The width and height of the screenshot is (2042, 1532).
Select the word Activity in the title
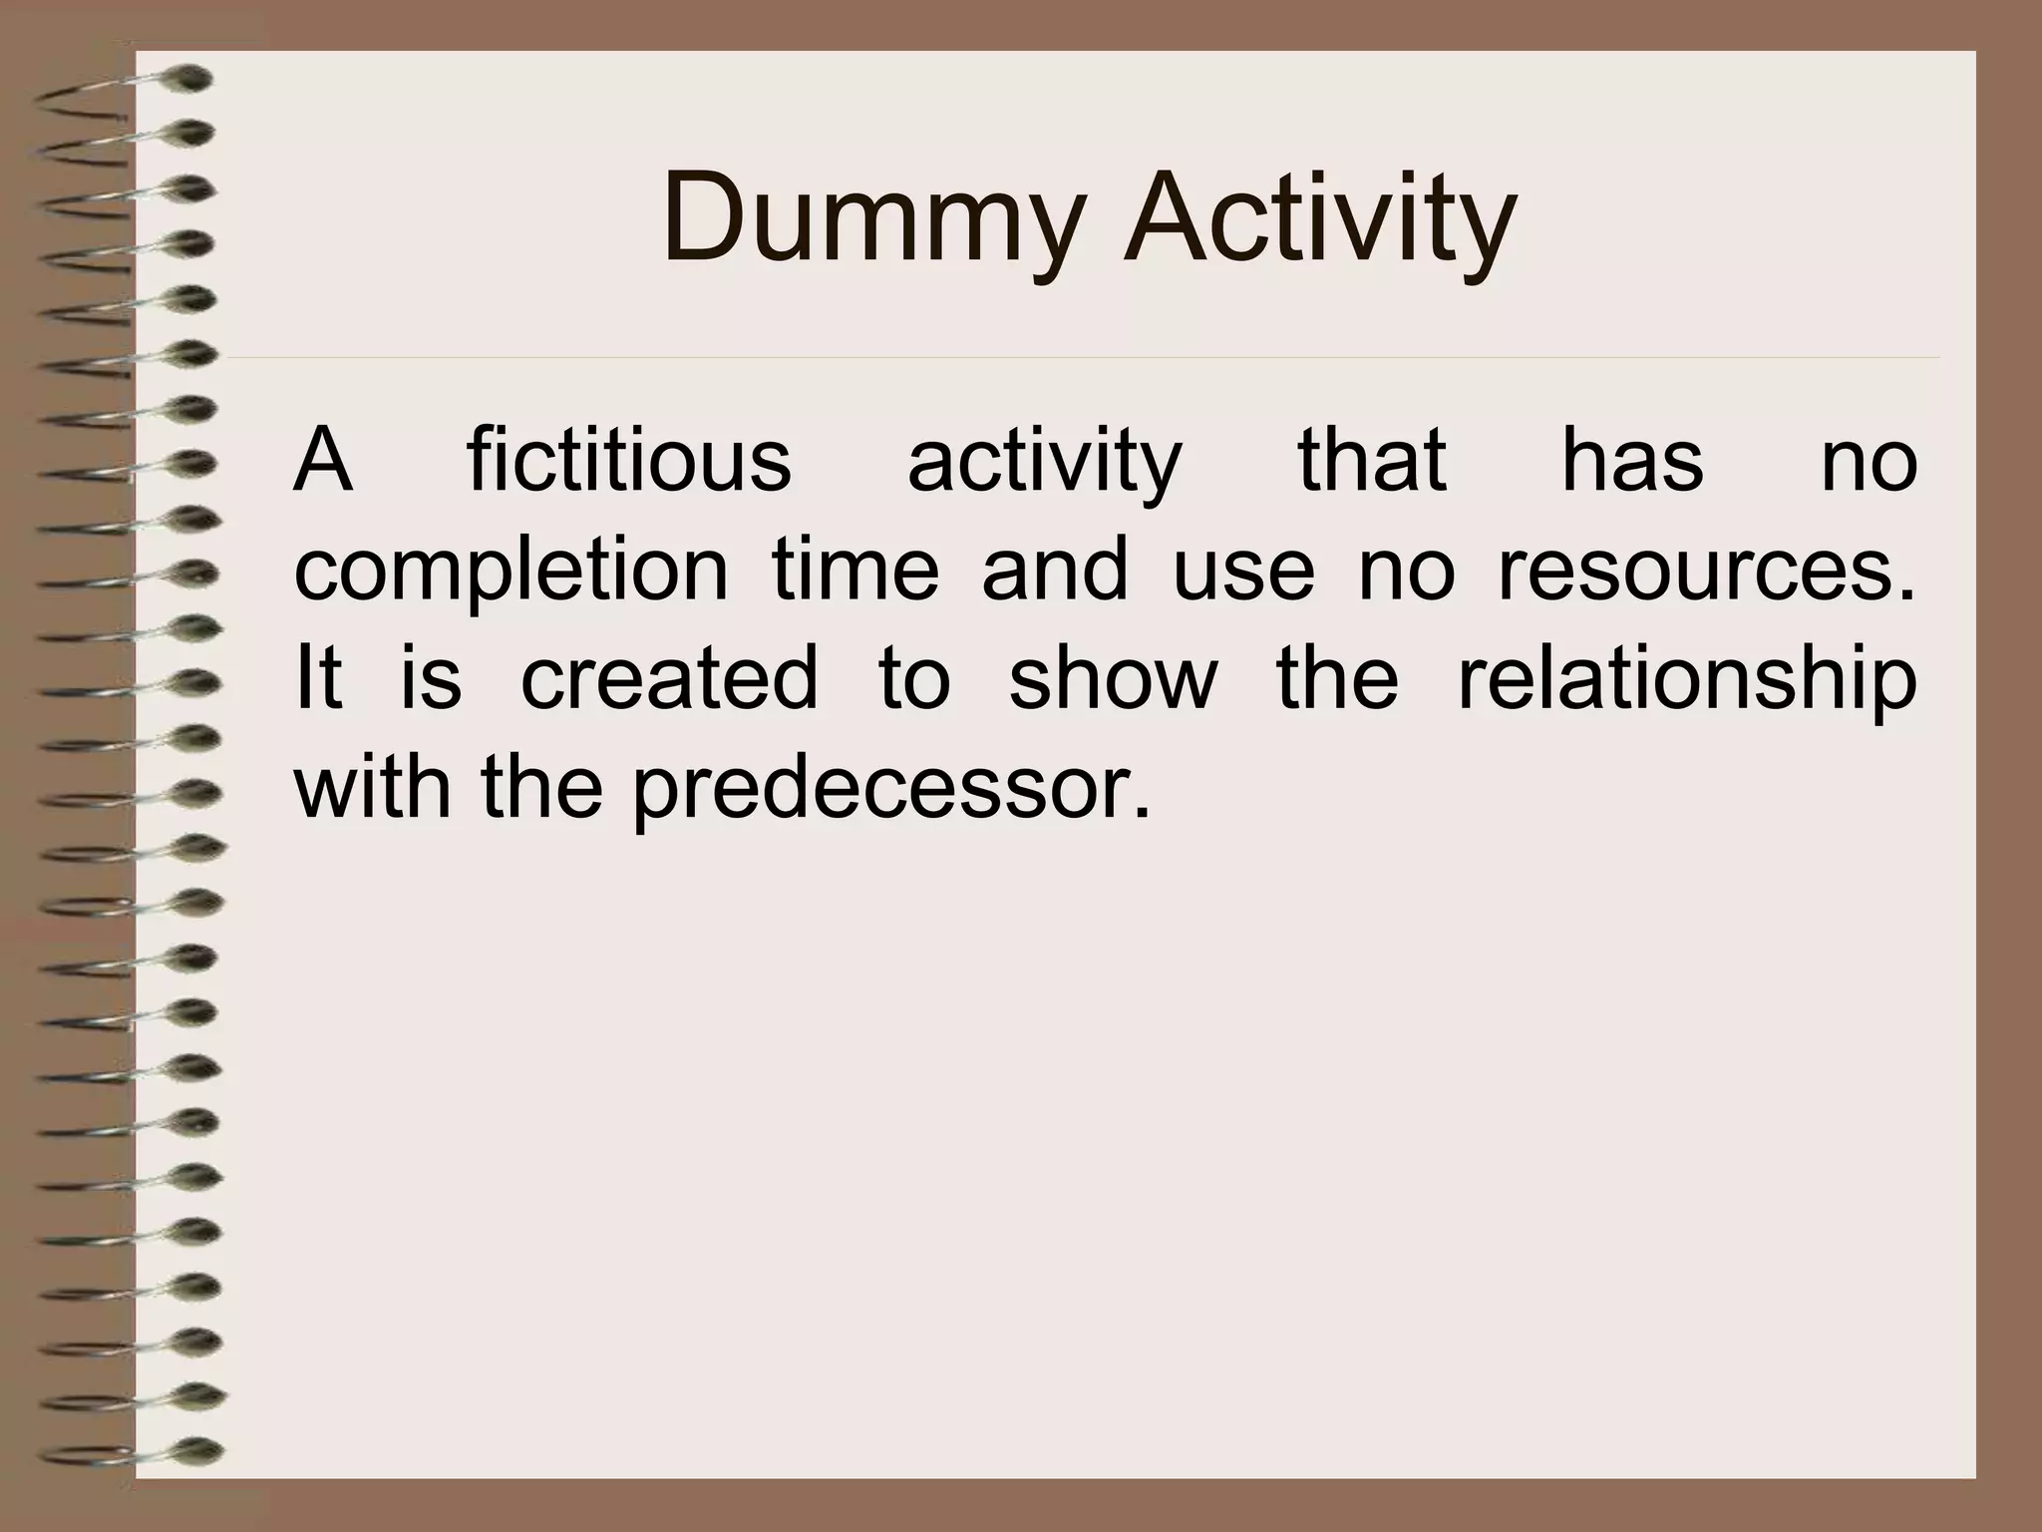tap(1318, 221)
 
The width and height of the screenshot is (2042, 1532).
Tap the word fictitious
tap(628, 460)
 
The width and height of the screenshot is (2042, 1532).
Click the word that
tap(1371, 460)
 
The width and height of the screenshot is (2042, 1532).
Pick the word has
tap(1632, 460)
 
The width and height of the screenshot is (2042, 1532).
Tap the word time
tap(855, 569)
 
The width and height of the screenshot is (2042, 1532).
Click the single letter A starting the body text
tap(322, 460)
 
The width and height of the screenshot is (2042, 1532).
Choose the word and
tap(1055, 569)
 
